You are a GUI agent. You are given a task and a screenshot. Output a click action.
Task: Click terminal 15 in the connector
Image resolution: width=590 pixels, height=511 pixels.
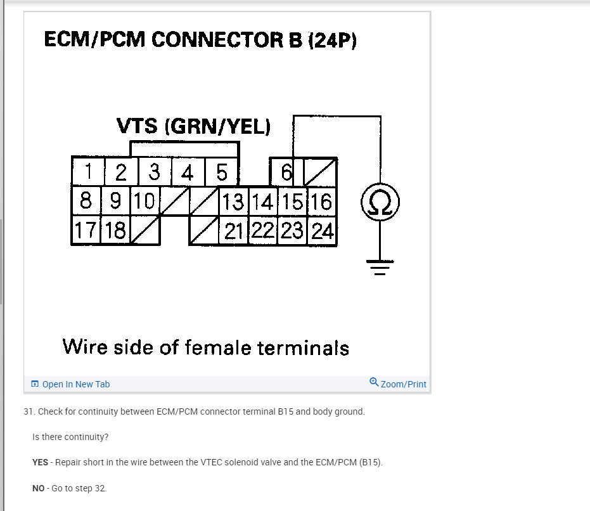pyautogui.click(x=293, y=202)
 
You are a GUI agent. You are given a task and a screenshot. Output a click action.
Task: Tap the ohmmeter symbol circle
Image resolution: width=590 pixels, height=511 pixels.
pyautogui.click(x=380, y=203)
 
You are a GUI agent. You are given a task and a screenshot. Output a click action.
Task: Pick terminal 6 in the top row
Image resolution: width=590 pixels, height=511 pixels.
pyautogui.click(x=286, y=172)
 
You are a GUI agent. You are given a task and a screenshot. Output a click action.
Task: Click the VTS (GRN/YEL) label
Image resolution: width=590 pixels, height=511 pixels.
pyautogui.click(x=194, y=126)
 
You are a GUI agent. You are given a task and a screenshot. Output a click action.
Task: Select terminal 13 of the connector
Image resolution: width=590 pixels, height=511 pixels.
pyautogui.click(x=233, y=202)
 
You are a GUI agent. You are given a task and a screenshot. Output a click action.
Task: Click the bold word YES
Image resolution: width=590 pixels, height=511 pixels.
pyautogui.click(x=40, y=462)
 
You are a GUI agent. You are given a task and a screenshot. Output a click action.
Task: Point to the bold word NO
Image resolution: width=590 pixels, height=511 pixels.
pyautogui.click(x=38, y=488)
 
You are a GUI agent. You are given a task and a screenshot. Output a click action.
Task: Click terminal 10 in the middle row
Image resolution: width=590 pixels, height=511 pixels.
pyautogui.click(x=144, y=202)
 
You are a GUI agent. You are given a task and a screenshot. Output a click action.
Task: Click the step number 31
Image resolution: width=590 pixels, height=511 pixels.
pyautogui.click(x=28, y=411)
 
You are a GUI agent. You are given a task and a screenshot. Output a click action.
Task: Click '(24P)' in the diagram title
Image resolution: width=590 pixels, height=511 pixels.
pyautogui.click(x=332, y=40)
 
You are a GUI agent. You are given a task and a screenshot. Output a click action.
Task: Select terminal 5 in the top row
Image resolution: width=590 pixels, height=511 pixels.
pyautogui.click(x=222, y=172)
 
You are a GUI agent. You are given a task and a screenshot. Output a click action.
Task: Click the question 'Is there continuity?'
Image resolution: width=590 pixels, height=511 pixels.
pyautogui.click(x=70, y=437)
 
